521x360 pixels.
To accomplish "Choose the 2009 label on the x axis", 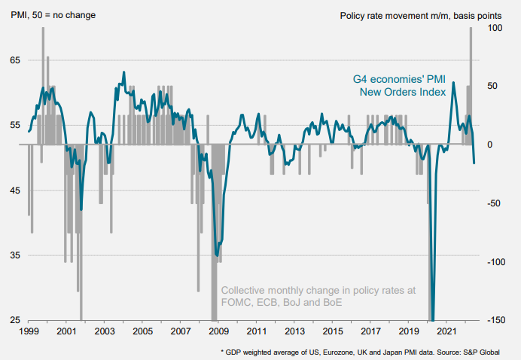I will click(x=218, y=331).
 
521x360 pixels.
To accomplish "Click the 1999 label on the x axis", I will click(x=28, y=331).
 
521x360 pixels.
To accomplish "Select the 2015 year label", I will click(x=332, y=331).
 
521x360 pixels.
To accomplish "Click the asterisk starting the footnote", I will click(x=221, y=351).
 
